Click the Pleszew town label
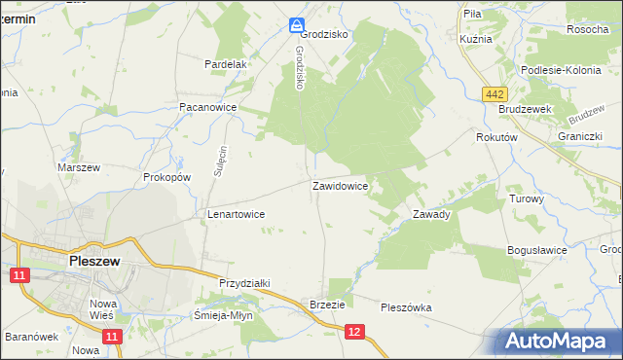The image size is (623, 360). pyautogui.click(x=94, y=261)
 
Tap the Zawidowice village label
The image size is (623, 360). pyautogui.click(x=339, y=185)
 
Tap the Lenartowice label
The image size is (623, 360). pyautogui.click(x=237, y=213)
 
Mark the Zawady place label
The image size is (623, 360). pyautogui.click(x=431, y=214)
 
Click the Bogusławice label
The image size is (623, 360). pyautogui.click(x=537, y=250)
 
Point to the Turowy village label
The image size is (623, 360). pyautogui.click(x=527, y=198)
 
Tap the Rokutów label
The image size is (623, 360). pyautogui.click(x=495, y=138)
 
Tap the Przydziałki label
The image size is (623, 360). pyautogui.click(x=244, y=282)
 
